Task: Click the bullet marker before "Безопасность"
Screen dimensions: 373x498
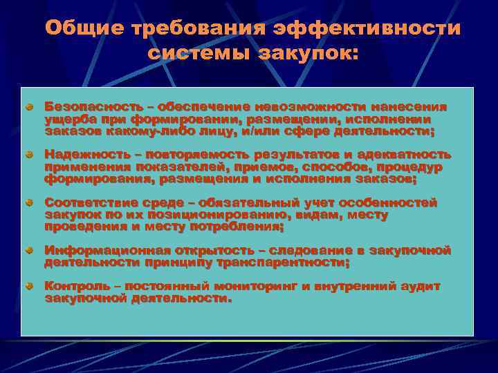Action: pos(30,108)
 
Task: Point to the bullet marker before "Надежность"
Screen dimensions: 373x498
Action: pos(30,155)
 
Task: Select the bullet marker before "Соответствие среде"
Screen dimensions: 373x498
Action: pos(30,203)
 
